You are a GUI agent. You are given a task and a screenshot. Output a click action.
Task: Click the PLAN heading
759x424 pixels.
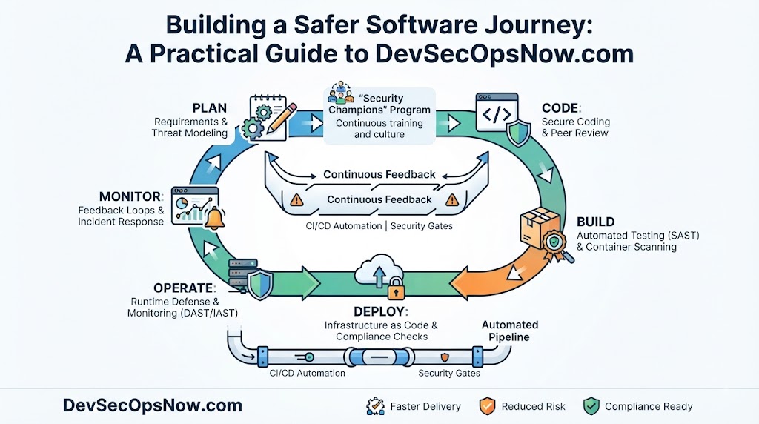point(209,108)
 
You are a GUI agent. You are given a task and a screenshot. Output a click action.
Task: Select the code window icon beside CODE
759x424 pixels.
point(497,113)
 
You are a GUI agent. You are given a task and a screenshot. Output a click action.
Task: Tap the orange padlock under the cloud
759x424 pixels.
point(396,289)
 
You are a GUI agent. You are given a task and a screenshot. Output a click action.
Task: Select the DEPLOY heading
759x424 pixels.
point(380,312)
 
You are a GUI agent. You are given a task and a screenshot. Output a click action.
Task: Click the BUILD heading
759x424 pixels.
point(595,222)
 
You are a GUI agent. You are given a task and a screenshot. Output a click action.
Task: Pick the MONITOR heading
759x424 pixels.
point(131,196)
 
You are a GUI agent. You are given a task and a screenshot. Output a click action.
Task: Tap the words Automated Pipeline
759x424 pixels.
point(509,331)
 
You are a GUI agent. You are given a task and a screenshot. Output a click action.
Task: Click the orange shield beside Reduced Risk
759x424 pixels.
point(487,406)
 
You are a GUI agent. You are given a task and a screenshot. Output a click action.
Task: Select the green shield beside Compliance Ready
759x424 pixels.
point(591,406)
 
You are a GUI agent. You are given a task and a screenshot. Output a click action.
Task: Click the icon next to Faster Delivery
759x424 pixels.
point(375,406)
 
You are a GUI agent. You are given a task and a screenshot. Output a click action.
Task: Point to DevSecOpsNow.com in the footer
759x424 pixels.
point(153,405)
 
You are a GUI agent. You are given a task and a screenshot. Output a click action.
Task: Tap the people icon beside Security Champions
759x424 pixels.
point(341,92)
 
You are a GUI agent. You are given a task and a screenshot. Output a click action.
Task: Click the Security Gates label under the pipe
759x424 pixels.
point(449,373)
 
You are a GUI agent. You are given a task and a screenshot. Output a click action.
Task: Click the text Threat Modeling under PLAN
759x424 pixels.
point(190,133)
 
